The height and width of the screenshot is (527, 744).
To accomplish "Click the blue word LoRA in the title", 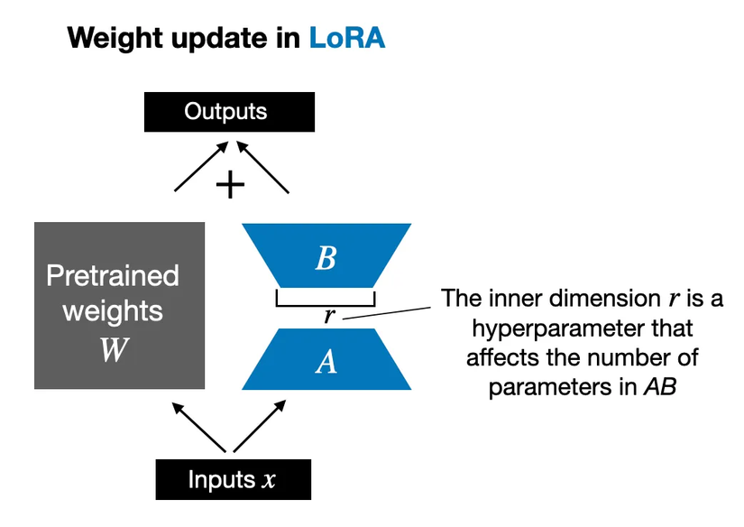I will click(346, 39).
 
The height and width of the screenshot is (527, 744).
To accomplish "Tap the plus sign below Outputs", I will click(231, 185).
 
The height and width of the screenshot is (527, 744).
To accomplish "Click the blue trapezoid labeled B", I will click(326, 256).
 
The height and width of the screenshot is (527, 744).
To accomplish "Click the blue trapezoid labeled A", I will click(326, 359).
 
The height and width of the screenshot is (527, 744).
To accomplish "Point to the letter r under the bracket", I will click(329, 316).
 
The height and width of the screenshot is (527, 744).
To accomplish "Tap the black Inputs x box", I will click(233, 479).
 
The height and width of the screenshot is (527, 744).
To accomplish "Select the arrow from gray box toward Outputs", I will click(197, 169).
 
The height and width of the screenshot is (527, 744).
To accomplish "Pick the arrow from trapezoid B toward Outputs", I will click(267, 169).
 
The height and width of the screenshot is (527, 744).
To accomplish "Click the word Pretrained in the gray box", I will click(113, 276).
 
